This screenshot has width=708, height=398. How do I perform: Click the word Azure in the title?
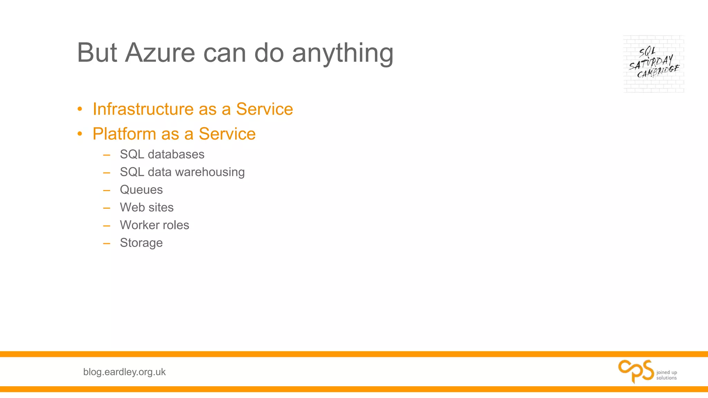click(160, 53)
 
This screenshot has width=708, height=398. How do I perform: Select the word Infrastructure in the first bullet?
click(143, 109)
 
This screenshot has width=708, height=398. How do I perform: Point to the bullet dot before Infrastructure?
click(80, 109)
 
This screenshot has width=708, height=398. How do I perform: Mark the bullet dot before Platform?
click(80, 134)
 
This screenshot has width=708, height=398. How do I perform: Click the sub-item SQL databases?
click(162, 154)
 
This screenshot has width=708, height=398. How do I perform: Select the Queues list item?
click(141, 190)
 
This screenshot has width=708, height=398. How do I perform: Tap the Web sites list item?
click(147, 207)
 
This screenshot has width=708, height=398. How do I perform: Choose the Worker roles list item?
click(154, 225)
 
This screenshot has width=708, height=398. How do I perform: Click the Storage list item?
click(141, 243)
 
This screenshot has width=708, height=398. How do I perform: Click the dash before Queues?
click(106, 190)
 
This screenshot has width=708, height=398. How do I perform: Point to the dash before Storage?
click(106, 244)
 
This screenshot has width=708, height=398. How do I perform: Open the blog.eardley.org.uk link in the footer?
click(124, 372)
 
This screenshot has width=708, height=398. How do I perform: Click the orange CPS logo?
click(636, 371)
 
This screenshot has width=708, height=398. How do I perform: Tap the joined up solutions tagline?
click(667, 375)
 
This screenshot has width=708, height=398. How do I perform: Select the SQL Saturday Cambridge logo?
click(653, 64)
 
